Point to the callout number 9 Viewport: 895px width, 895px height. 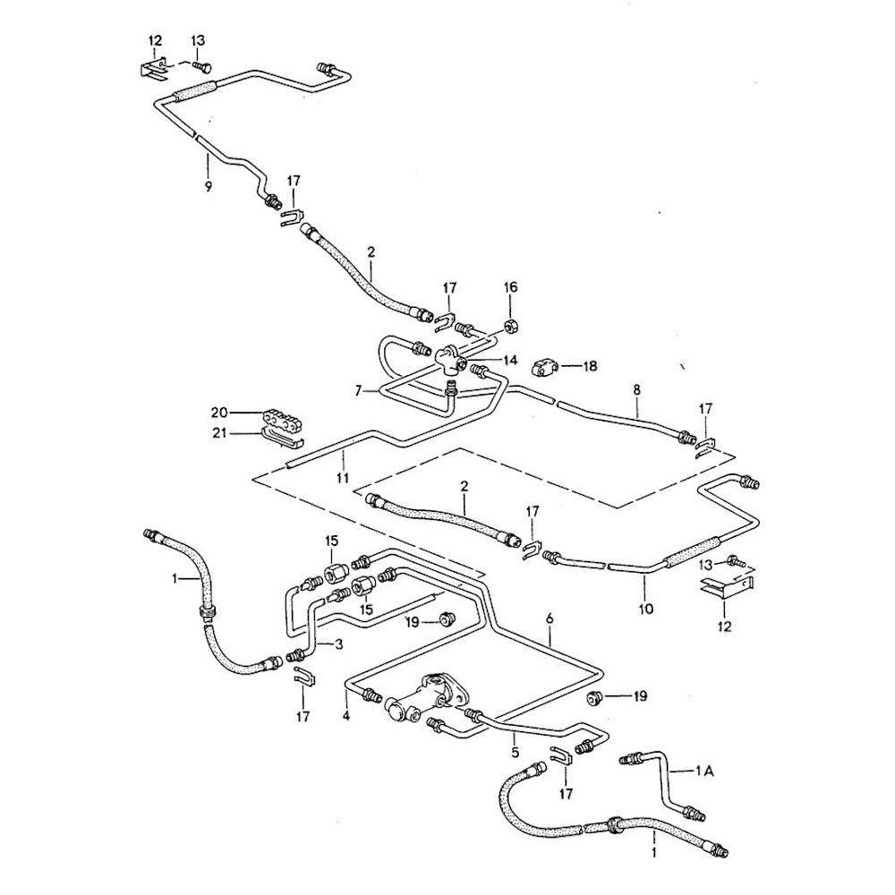point(208,186)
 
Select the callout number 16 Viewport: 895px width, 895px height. point(511,287)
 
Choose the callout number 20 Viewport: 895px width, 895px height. point(218,413)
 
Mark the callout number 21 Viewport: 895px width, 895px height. point(218,434)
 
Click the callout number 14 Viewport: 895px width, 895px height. point(509,360)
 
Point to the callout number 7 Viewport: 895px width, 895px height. point(359,391)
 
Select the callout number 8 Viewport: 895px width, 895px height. point(637,390)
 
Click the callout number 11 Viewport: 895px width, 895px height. point(342,478)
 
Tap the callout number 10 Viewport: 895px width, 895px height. point(646,609)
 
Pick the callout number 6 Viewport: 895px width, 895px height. point(550,618)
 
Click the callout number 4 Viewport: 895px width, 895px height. point(345,716)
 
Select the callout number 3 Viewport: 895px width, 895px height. point(338,644)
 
